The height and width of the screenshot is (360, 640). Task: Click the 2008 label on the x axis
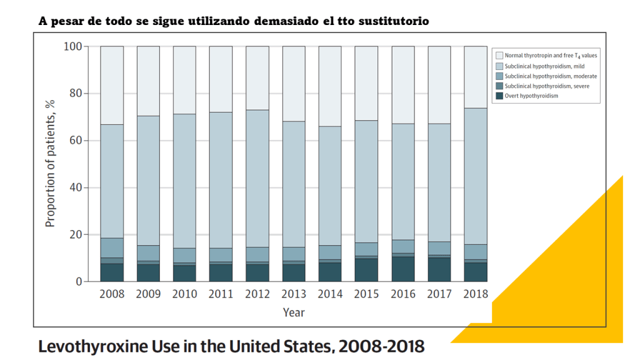(112, 294)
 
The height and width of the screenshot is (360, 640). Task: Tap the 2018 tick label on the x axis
(475, 294)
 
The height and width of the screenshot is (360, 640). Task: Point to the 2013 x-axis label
(293, 294)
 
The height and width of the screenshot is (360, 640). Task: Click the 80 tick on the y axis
(74, 94)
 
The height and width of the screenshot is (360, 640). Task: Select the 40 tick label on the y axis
(74, 187)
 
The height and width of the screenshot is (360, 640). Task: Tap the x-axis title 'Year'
(293, 312)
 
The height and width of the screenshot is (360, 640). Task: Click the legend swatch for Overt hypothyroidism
(499, 96)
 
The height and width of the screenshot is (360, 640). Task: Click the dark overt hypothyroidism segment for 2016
(402, 269)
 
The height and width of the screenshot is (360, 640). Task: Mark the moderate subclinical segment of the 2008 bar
(112, 247)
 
